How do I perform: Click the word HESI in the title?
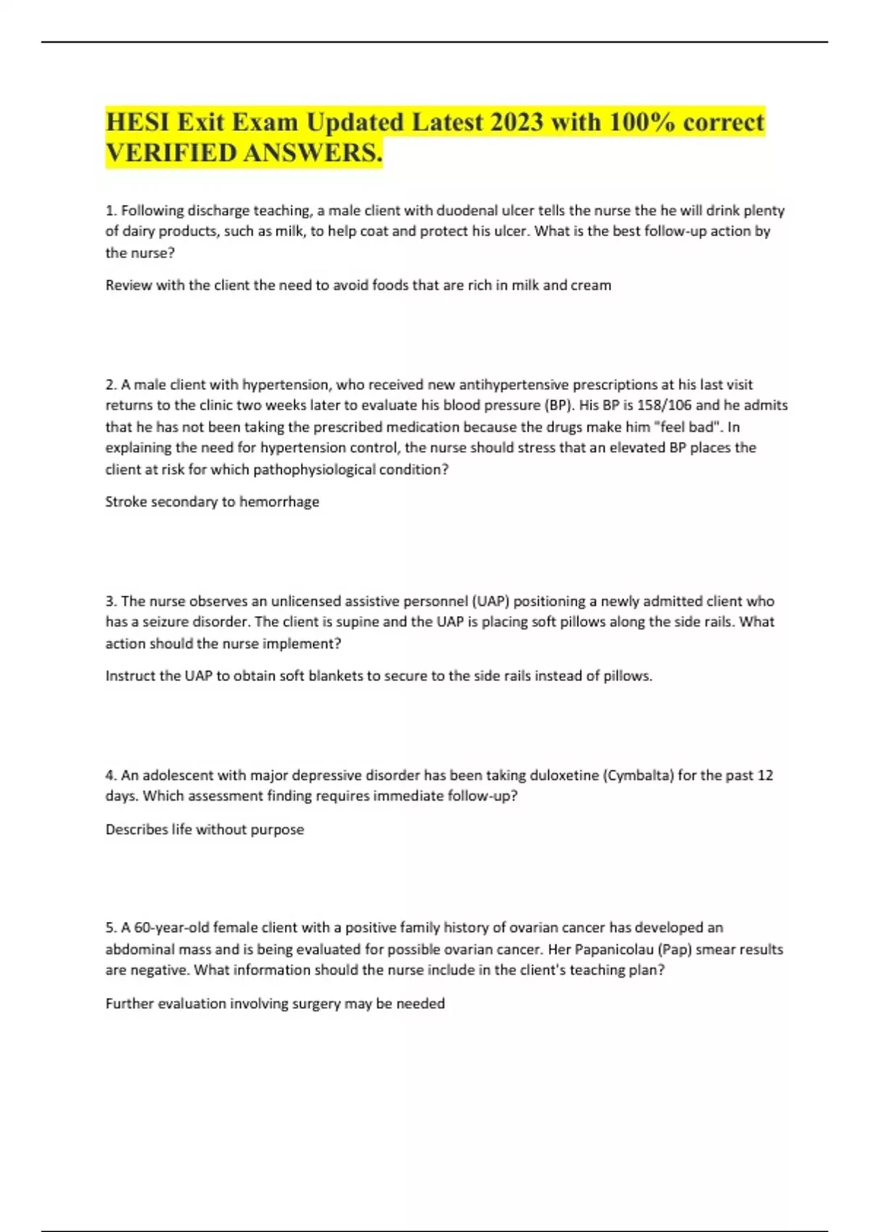click(x=136, y=122)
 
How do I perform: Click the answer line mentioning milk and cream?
click(x=358, y=286)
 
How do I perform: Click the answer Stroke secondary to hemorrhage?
click(x=212, y=501)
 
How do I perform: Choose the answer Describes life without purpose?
click(x=205, y=830)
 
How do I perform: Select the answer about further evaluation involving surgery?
click(x=275, y=1004)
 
